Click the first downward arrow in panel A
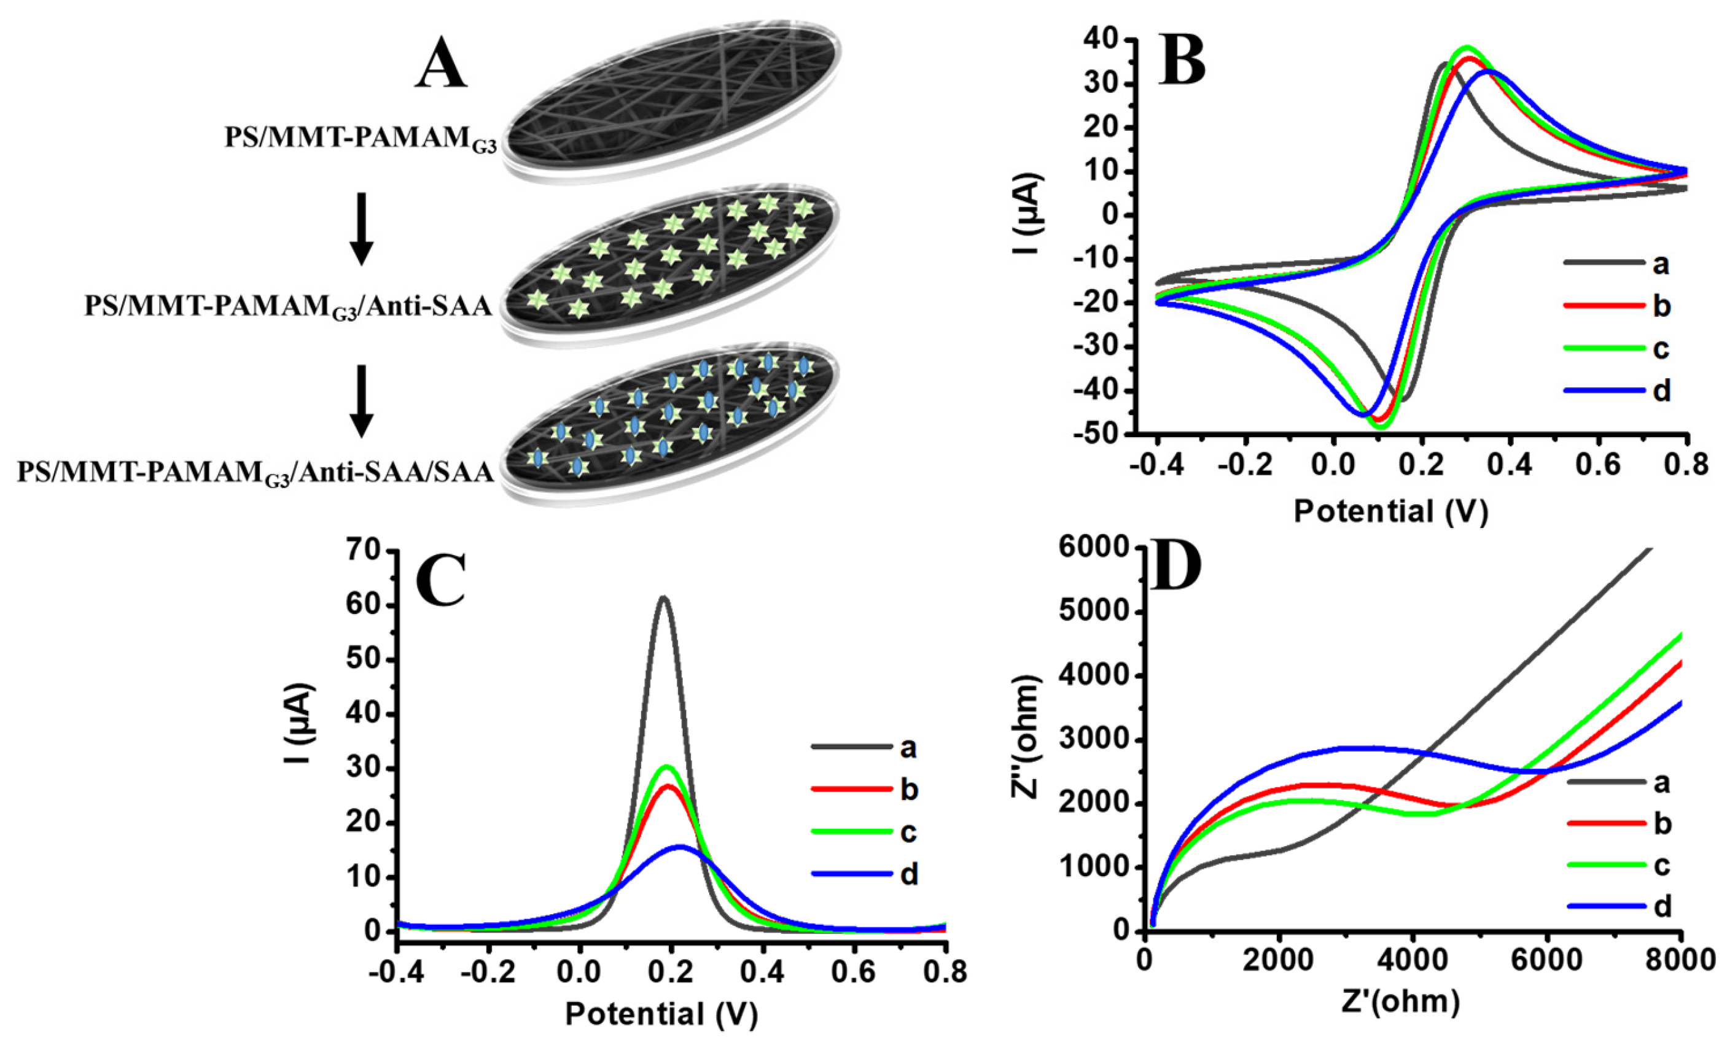pos(362,228)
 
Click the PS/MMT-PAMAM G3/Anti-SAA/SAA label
pos(256,472)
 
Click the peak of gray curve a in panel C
pos(663,598)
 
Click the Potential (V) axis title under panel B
pos(1390,511)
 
